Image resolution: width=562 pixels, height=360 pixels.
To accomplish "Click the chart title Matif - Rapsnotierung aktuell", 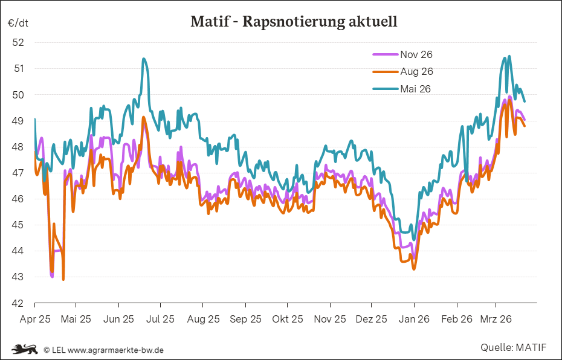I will [294, 22].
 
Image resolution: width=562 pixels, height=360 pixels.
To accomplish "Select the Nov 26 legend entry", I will [416, 54].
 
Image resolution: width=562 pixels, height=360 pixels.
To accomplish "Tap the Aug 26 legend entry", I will [416, 71].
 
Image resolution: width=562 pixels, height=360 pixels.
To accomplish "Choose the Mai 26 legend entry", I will [415, 89].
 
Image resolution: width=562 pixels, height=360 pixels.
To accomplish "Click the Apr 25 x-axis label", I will [35, 318].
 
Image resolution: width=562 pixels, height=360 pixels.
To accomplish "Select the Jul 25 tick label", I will [161, 318].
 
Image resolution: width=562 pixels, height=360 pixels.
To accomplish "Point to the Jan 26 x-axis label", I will [414, 318].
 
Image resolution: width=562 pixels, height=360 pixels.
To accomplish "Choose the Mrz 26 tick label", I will [496, 318].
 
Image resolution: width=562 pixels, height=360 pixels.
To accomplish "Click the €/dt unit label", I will [18, 23].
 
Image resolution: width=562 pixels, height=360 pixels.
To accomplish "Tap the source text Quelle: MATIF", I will [514, 347].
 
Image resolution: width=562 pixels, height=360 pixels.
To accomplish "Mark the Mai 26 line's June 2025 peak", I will [143, 59].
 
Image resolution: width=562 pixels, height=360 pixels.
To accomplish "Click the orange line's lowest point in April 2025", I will [63, 279].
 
